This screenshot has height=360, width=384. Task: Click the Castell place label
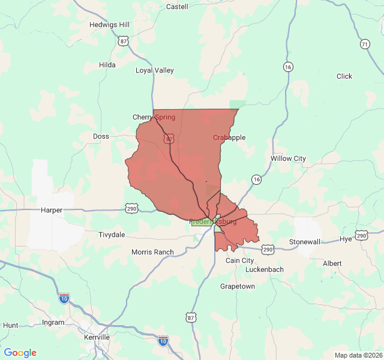click(x=176, y=7)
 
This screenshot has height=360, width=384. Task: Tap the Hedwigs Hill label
click(x=109, y=25)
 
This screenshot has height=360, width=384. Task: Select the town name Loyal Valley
click(x=154, y=70)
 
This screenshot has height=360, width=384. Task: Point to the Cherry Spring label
click(x=154, y=117)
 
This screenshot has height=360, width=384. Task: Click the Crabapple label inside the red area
click(x=229, y=137)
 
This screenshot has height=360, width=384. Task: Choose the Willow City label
click(x=288, y=158)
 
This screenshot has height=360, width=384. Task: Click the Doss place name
click(x=101, y=136)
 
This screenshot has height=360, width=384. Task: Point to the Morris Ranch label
click(x=152, y=252)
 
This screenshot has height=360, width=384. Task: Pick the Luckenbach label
click(x=264, y=269)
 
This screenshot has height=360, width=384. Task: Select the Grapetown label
click(x=237, y=286)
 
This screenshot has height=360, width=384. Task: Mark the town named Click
click(x=344, y=76)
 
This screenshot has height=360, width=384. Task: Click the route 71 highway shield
click(x=365, y=44)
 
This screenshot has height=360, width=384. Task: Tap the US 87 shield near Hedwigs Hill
click(x=123, y=41)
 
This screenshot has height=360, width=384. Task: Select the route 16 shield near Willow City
click(x=257, y=179)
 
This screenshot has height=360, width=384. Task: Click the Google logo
click(x=20, y=353)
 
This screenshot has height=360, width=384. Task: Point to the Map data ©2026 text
click(x=357, y=355)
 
